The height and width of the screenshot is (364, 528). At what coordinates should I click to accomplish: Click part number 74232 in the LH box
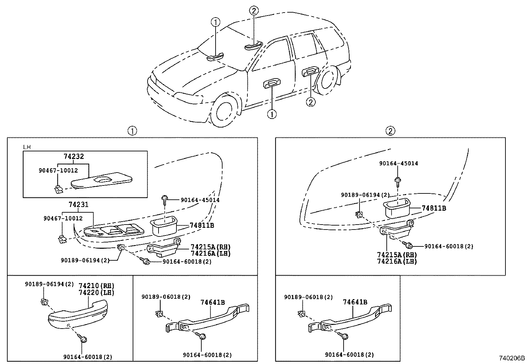[x=74, y=156]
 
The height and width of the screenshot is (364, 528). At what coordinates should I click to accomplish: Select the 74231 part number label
[x=79, y=205]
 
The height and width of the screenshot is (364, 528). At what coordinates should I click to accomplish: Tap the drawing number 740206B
[x=512, y=358]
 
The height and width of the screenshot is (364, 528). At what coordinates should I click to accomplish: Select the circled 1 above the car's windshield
[x=216, y=23]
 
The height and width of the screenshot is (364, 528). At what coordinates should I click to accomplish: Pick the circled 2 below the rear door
[x=310, y=102]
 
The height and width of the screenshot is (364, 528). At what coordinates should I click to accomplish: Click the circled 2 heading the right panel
[x=390, y=131]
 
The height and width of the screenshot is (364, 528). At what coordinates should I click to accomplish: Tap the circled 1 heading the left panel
[x=132, y=131]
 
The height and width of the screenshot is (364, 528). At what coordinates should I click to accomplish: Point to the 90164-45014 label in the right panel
[x=399, y=163]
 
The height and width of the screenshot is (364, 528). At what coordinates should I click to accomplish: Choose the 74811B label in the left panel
[x=202, y=226]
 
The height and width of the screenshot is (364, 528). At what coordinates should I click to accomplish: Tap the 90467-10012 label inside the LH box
[x=58, y=170]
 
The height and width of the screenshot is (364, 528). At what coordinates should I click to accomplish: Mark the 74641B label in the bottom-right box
[x=355, y=302]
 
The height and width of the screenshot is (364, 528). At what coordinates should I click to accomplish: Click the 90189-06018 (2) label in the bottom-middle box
[x=166, y=297]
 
